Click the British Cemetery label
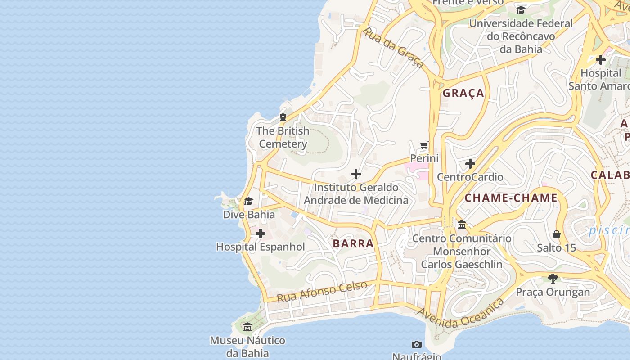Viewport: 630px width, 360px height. point(283,137)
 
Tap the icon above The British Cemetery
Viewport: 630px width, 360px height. point(283,118)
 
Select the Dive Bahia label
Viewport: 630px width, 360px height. point(249,215)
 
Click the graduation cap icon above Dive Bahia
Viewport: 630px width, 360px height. point(248,201)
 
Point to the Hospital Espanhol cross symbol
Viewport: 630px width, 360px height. point(261,234)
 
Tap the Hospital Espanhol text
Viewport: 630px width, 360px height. point(261,247)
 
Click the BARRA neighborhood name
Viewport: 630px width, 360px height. point(353,244)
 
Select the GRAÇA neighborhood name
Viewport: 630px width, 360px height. point(463,93)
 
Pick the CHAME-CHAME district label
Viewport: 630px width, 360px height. point(511,198)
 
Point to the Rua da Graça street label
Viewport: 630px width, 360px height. point(393,48)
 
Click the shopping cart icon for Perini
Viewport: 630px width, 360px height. point(424,145)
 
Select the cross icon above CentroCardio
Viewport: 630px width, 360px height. point(470,164)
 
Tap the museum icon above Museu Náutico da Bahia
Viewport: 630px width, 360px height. point(247,327)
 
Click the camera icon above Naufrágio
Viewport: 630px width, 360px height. point(417,344)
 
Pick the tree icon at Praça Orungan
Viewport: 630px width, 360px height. point(553,279)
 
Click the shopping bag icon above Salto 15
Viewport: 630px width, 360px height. point(557,234)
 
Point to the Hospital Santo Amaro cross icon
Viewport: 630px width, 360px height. point(601,59)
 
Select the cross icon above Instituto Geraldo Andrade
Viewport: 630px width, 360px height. point(356,174)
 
